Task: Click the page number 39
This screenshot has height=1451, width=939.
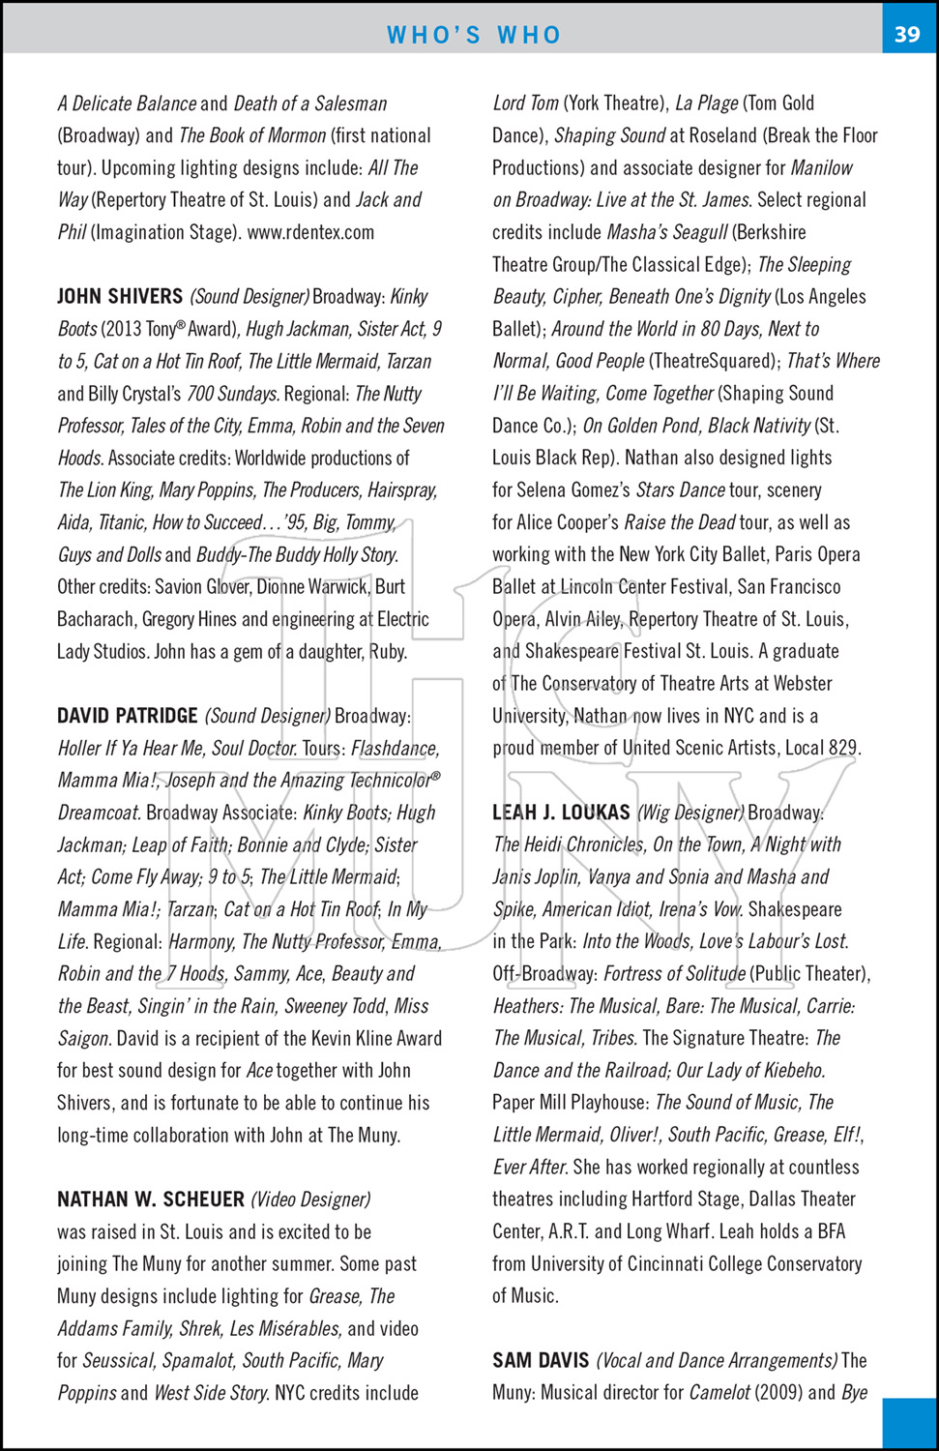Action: pos(907,34)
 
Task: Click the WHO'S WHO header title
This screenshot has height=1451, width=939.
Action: pos(474,35)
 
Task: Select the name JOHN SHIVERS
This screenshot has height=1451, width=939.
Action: pos(120,297)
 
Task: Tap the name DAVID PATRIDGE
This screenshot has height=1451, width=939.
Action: pos(128,716)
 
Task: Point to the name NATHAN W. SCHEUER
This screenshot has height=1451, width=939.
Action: pos(151,1199)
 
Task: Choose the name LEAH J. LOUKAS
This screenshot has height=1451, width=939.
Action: pos(561,813)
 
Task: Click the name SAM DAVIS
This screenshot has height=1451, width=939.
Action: pos(541,1361)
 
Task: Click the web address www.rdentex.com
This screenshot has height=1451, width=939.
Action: pos(310,232)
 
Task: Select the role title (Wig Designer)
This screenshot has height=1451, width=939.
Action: pos(690,813)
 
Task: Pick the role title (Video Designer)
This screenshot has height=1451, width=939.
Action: pos(310,1199)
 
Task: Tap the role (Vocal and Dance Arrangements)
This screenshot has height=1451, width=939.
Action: pos(717,1361)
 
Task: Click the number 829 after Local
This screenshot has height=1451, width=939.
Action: pos(843,748)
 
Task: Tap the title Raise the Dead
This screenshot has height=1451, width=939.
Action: pos(680,522)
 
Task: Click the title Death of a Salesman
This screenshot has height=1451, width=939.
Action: pos(310,104)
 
